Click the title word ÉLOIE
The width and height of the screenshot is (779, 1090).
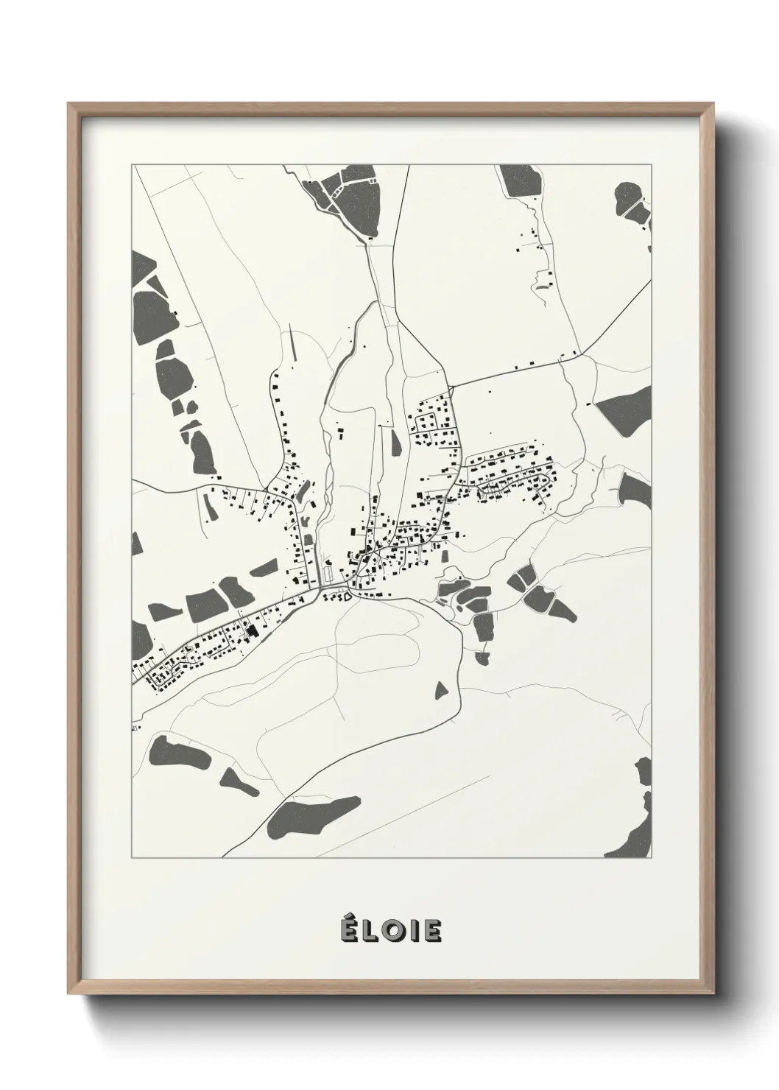(x=390, y=931)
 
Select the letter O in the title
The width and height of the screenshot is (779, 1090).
(x=392, y=932)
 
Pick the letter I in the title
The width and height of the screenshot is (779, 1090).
(x=412, y=932)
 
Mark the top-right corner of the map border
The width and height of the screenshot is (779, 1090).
(x=652, y=165)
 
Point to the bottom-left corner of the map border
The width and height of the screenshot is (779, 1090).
(x=133, y=858)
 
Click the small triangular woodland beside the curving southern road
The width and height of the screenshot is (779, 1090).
(x=441, y=691)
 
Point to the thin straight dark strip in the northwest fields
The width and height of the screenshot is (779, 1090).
(x=295, y=345)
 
